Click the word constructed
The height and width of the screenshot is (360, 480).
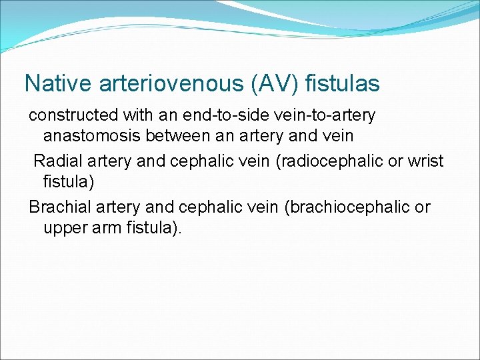pos(72,115)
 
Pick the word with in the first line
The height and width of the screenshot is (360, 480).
pos(138,115)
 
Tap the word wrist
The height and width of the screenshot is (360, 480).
pos(425,161)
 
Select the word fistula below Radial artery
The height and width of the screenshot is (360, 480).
pos(65,181)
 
